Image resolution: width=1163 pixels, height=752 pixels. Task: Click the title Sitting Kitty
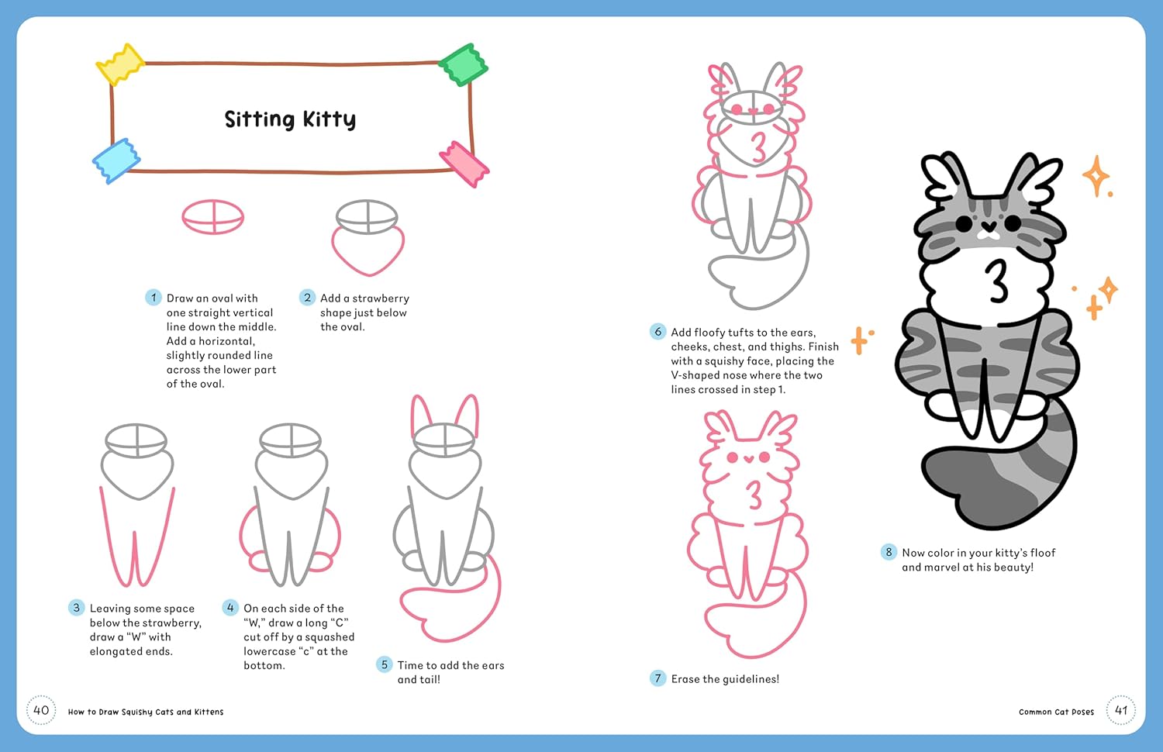coord(290,119)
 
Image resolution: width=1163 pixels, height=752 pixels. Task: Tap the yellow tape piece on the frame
coord(119,64)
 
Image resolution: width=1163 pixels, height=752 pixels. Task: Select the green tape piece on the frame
coord(464,64)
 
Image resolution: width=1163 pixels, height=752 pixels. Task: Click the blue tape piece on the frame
coord(116,160)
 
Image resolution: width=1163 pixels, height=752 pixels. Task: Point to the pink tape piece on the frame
coord(464,164)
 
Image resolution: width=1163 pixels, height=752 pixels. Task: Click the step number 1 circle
coord(154,298)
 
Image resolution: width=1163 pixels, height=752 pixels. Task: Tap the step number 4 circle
coord(230,608)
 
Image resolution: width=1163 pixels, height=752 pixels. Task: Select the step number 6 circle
coord(657,332)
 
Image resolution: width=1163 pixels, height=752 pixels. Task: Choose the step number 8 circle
coord(889,552)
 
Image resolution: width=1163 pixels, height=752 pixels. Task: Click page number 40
coord(41,710)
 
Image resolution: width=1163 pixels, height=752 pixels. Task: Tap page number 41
coord(1121,710)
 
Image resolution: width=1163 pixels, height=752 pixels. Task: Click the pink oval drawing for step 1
coord(213,217)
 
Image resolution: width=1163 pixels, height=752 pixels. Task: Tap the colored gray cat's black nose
coord(988,227)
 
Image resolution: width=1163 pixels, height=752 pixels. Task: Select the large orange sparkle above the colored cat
coord(1096,177)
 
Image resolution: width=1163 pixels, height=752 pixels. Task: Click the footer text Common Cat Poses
coord(1056,712)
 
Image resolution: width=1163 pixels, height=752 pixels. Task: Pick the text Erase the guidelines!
coord(725,679)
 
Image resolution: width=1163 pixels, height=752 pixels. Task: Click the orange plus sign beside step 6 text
coord(859,340)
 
